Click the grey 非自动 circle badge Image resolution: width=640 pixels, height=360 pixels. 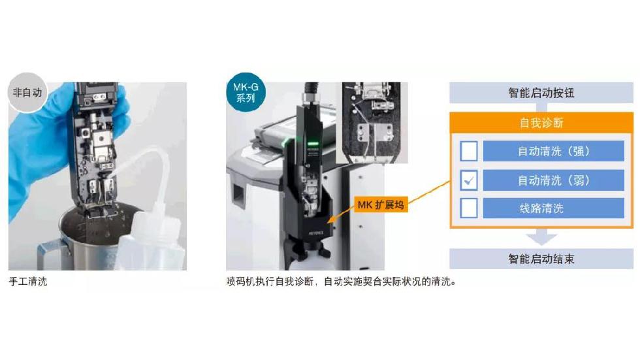pyautogui.click(x=27, y=93)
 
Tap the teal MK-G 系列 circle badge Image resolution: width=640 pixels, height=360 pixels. pyautogui.click(x=246, y=93)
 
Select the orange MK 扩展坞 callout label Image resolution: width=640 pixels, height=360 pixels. pyautogui.click(x=381, y=205)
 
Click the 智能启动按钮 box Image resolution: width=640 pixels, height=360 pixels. pyautogui.click(x=541, y=93)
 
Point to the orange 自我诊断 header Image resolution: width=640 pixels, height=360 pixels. pyautogui.click(x=541, y=122)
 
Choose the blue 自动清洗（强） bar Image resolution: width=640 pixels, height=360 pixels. pyautogui.click(x=554, y=151)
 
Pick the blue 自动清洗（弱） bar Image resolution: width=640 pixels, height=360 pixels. pyautogui.click(x=554, y=180)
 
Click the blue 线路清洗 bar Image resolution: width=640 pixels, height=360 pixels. pyautogui.click(x=554, y=208)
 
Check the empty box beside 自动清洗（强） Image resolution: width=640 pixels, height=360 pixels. pyautogui.click(x=469, y=151)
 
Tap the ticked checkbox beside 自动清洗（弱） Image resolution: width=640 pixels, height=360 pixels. pyautogui.click(x=469, y=180)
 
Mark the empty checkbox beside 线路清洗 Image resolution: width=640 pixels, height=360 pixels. pyautogui.click(x=469, y=208)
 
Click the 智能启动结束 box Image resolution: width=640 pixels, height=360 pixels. pyautogui.click(x=541, y=259)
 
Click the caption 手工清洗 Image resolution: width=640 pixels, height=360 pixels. pyautogui.click(x=27, y=281)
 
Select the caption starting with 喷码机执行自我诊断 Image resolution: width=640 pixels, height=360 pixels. pyautogui.click(x=341, y=281)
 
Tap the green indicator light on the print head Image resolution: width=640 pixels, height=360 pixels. pyautogui.click(x=313, y=144)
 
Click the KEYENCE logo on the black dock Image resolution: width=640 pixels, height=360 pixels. pyautogui.click(x=315, y=233)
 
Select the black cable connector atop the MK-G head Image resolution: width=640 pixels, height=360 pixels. pyautogui.click(x=310, y=95)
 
